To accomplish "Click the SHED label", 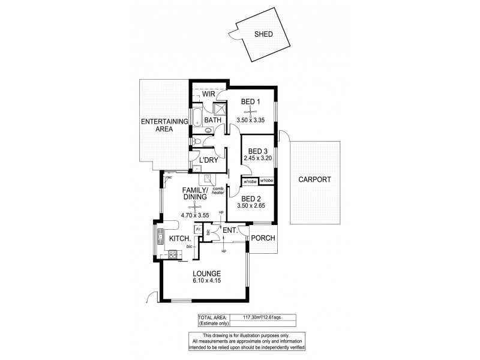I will click(263, 34).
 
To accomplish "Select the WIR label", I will click(208, 94).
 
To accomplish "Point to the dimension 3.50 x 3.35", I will click(250, 120).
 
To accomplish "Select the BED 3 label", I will click(257, 151).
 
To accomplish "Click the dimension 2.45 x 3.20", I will click(257, 158).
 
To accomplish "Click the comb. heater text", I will click(218, 191).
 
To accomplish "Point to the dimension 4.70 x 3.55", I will click(195, 214).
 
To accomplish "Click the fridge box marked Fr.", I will click(198, 229).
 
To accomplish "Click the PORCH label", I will click(263, 238).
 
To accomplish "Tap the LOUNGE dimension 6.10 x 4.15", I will click(203, 280).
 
